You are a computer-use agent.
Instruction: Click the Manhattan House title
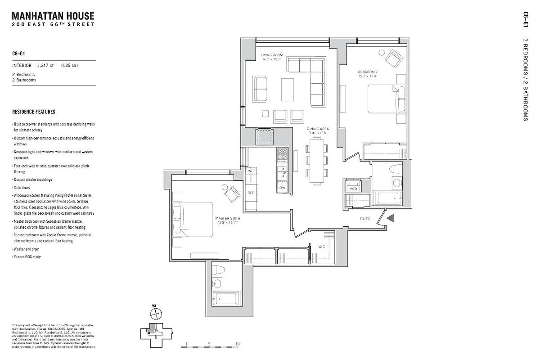[53, 17]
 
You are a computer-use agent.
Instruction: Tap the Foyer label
[365, 219]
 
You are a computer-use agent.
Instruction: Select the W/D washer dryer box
[352, 186]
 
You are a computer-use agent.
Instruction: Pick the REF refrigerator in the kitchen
[252, 193]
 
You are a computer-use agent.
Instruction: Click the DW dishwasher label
[282, 188]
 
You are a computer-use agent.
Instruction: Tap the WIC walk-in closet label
[322, 247]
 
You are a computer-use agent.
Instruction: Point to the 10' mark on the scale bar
[238, 343]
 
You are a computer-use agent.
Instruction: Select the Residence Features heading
[34, 112]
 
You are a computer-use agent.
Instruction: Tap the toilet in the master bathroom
[219, 270]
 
